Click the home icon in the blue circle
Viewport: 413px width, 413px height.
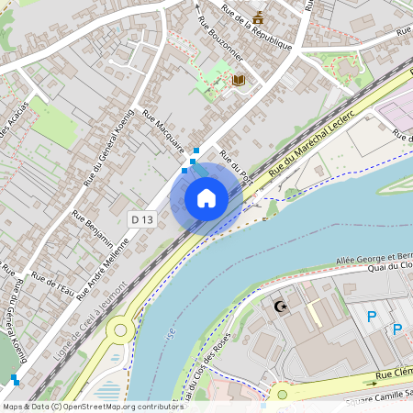[206, 197]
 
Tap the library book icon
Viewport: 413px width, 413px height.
[240, 82]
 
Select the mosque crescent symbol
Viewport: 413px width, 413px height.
[281, 306]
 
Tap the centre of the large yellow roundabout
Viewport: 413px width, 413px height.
[119, 330]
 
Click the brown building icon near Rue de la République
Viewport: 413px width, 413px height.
[260, 16]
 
